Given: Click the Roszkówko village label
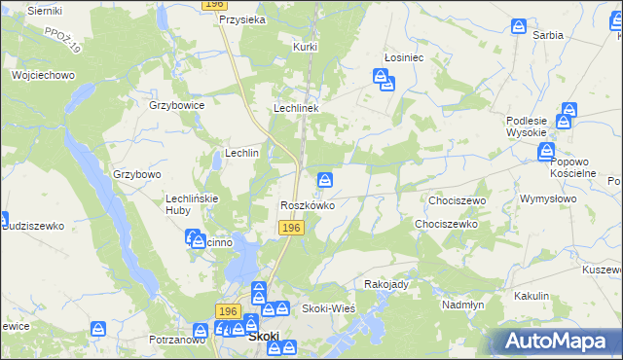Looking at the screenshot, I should click(308, 206).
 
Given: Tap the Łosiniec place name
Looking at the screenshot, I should click(403, 57).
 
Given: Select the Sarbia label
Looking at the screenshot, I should click(548, 34).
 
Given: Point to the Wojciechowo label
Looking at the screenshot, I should click(43, 75).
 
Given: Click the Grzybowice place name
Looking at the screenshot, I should click(176, 105).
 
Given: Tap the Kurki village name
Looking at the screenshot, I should click(306, 46).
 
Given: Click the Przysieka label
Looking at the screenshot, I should click(243, 18).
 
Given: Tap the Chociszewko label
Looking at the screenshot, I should click(445, 224).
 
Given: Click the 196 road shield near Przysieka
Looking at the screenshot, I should click(215, 5).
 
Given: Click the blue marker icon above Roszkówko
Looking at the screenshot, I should click(326, 180).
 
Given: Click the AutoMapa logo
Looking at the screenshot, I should click(561, 341).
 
